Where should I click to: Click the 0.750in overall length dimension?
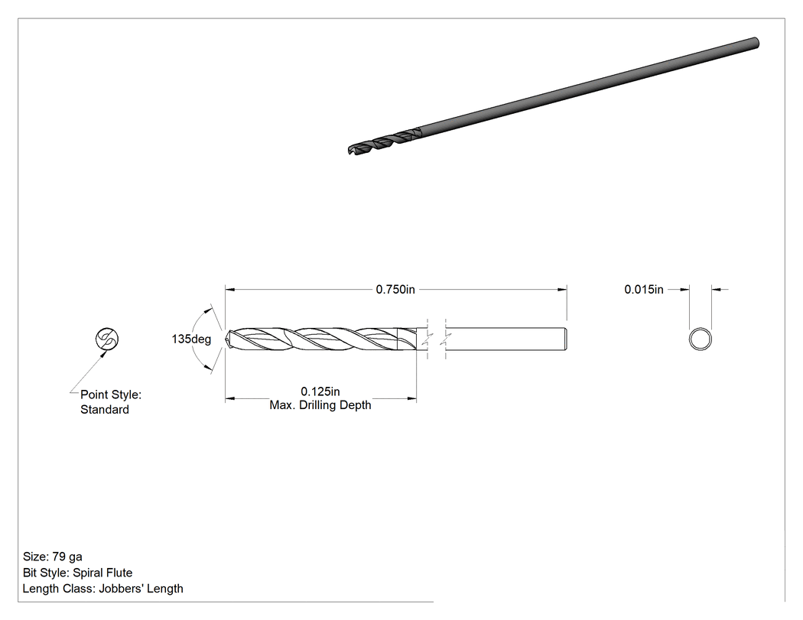pos(395,289)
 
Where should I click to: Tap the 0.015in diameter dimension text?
pos(644,289)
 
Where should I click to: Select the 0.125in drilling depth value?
pos(320,391)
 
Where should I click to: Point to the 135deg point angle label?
pos(191,339)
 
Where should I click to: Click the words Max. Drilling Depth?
pos(320,405)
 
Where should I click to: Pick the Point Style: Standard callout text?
pos(111,402)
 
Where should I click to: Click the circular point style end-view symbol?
pos(107,339)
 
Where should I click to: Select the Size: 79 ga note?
pos(52,557)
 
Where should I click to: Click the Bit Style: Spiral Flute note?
pos(77,573)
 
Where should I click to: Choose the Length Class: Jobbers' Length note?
pos(103,588)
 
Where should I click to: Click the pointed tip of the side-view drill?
pos(226,339)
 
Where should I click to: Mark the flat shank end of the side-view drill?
pos(566,339)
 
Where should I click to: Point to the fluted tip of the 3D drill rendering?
pos(350,150)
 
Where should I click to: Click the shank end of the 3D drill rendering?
pos(755,43)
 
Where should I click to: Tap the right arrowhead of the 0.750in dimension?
pos(562,289)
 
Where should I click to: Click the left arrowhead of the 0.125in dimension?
pos(230,398)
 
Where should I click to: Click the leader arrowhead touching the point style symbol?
pos(105,352)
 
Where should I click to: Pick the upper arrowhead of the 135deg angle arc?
pos(208,309)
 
